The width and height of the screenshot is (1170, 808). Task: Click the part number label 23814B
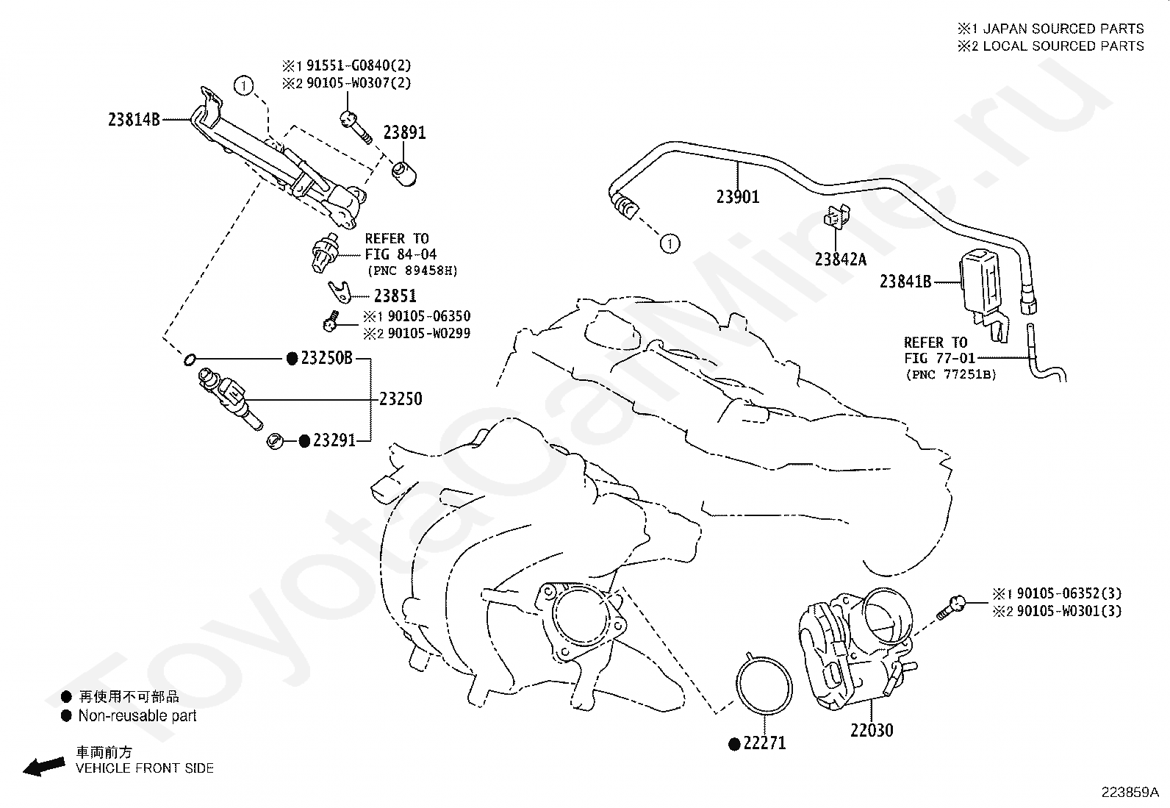[x=134, y=120]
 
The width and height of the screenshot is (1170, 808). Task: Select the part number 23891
[x=404, y=133]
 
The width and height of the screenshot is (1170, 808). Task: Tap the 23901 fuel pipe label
[x=738, y=197]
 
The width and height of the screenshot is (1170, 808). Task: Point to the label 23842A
[x=841, y=260]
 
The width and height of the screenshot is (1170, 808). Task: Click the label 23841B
[x=905, y=282]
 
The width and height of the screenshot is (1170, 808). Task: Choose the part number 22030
[x=872, y=730]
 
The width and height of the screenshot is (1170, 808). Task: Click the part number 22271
[x=764, y=743]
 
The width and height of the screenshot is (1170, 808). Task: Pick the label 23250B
[x=326, y=358]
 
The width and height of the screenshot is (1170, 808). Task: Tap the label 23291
[x=334, y=440]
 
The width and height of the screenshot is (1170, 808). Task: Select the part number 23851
[x=395, y=296]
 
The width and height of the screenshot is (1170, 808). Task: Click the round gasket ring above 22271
[x=764, y=684]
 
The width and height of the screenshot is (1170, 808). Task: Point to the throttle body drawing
[x=857, y=647]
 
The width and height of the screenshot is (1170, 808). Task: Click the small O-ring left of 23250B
[x=190, y=360]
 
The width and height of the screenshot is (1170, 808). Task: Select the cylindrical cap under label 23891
[x=404, y=174]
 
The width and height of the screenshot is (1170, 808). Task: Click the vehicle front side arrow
[x=44, y=767]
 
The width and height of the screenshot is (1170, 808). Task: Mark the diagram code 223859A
[x=1130, y=793]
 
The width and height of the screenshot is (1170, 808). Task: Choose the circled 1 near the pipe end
[x=670, y=243]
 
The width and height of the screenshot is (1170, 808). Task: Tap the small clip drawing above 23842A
[x=836, y=216]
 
